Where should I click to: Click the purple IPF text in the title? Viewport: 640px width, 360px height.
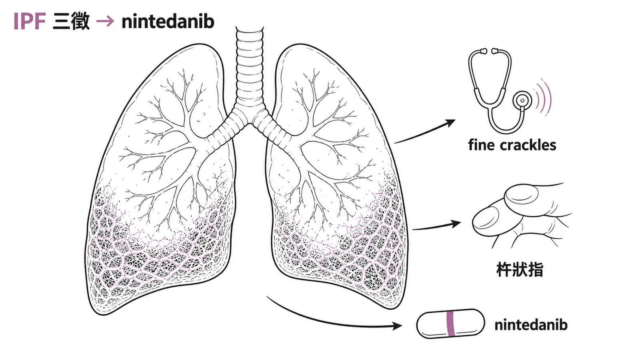[30, 22]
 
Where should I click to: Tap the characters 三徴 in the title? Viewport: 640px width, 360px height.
[71, 22]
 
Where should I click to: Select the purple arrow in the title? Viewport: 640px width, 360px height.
[105, 21]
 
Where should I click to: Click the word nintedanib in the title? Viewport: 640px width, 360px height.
[168, 22]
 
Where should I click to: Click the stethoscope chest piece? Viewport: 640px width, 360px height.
[522, 100]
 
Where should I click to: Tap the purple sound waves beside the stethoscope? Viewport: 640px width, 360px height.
[544, 98]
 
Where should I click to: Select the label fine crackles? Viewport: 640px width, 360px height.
[512, 145]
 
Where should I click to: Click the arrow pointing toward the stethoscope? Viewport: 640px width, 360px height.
[425, 132]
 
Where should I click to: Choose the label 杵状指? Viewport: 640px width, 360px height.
[520, 270]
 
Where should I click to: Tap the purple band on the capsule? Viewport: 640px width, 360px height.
[451, 324]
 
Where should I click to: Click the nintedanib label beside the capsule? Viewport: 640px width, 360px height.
[531, 325]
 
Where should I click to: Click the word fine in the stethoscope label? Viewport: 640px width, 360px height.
[481, 145]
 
